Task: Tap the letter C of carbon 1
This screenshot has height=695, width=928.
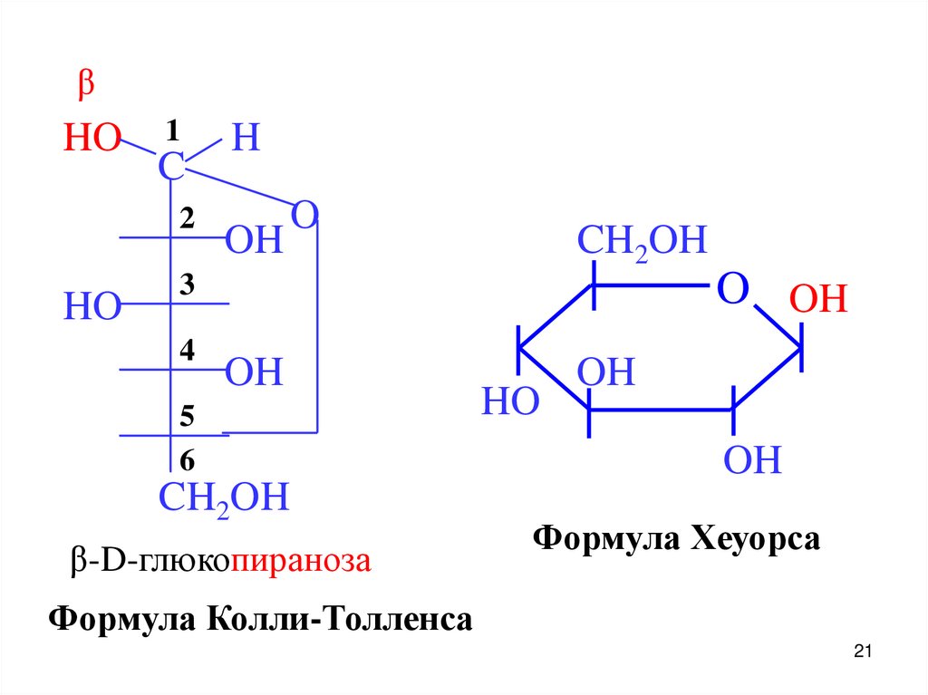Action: pos(170,166)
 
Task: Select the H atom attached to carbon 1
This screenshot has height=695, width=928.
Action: pos(246,138)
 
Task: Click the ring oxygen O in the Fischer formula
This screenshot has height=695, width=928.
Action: pos(304,216)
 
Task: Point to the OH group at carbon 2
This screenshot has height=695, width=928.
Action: pos(254,241)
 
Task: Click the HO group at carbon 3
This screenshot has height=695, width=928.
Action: pos(92,307)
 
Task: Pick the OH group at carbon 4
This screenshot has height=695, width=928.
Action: pos(254,372)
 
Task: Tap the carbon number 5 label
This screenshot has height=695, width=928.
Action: pos(187,416)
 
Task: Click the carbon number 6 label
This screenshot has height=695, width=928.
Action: pos(187,461)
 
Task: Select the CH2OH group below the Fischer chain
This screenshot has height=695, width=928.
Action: pos(224,498)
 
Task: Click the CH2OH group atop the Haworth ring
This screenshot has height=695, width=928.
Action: pos(642,243)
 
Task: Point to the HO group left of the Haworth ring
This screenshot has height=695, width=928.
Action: pos(510,401)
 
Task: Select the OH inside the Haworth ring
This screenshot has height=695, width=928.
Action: pos(607,372)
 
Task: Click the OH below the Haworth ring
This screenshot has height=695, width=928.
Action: pos(752,461)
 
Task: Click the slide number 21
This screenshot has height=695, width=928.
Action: pos(862,652)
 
